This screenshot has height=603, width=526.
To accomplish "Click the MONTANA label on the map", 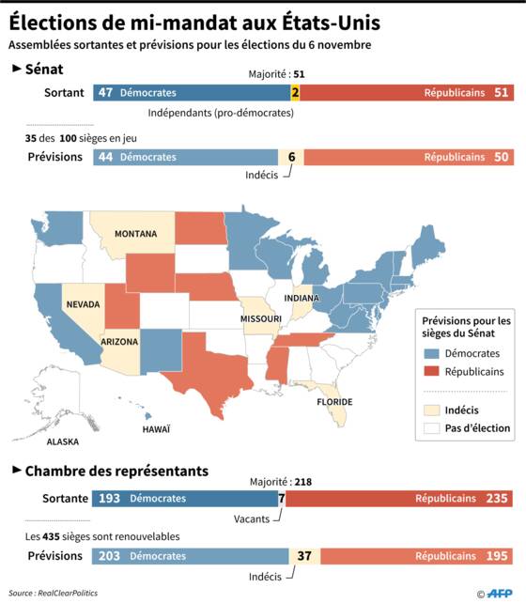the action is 136,234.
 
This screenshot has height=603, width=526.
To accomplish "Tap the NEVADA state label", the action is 83,304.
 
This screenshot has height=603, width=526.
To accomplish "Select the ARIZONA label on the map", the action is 119,342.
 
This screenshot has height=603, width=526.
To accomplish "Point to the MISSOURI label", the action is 261,318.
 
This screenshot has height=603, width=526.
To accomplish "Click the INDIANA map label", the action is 302,298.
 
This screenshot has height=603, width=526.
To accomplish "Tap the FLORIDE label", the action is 334,402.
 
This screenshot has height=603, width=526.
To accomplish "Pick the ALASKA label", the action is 63,441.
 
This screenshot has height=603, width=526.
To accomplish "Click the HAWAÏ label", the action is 156,429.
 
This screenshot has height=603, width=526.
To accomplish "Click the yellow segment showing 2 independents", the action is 295,93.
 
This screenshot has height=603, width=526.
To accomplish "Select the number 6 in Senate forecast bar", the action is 291,157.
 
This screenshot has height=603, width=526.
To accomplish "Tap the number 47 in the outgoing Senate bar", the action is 105,93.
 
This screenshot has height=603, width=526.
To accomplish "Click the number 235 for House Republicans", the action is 497,499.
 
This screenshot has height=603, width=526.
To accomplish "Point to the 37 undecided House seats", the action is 304,556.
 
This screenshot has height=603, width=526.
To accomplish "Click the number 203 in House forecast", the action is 109,556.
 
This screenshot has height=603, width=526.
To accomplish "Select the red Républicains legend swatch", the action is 431,372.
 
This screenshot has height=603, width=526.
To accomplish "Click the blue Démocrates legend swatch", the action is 431,353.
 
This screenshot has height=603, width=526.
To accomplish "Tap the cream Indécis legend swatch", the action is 431,410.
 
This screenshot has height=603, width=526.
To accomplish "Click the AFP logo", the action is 500,594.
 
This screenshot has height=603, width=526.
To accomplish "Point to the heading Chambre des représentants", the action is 116,472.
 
